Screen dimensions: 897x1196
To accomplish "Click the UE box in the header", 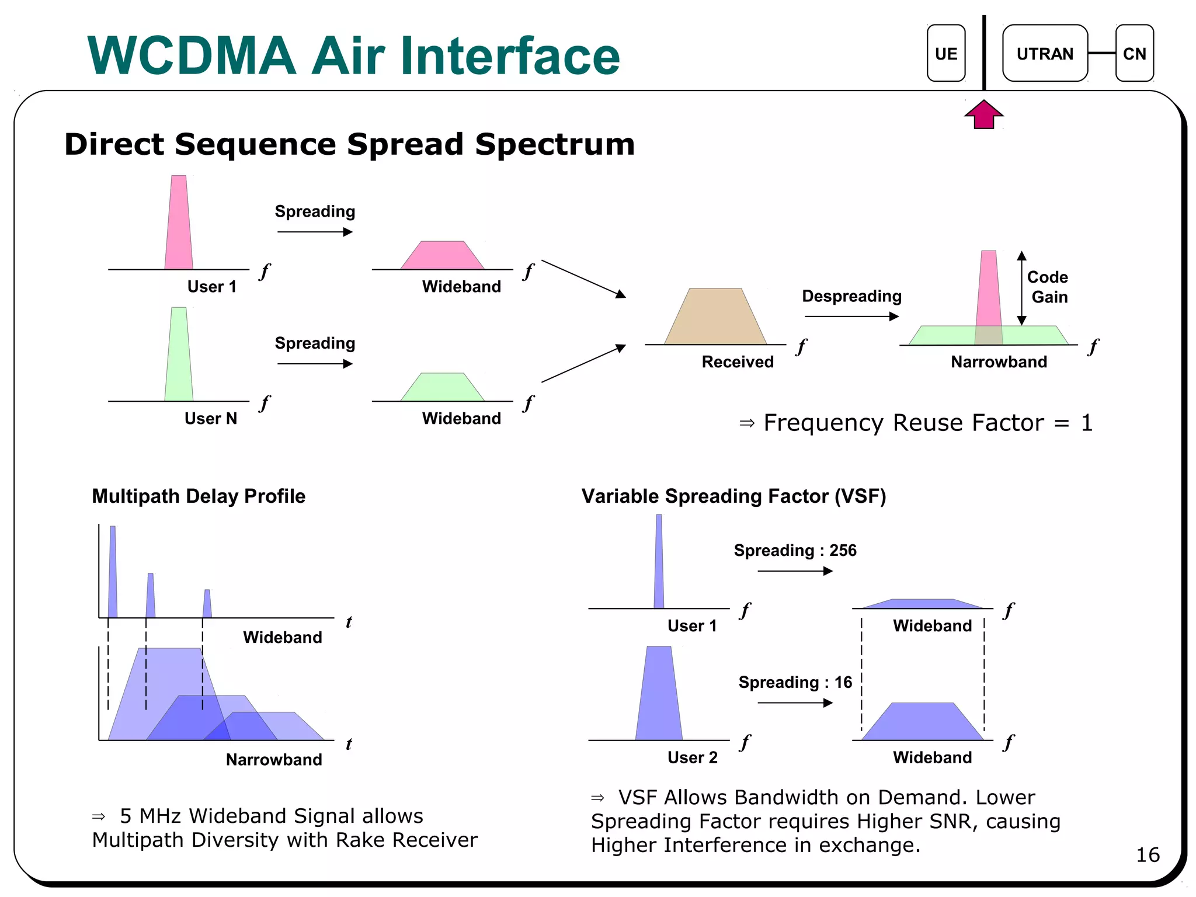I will [x=945, y=53].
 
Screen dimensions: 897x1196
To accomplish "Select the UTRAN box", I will [x=1044, y=53].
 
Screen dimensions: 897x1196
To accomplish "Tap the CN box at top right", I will [x=1134, y=53].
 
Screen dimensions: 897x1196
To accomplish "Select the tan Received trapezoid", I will [x=715, y=318].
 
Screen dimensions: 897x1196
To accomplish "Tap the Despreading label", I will [x=851, y=296].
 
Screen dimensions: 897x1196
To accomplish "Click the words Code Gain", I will [x=1048, y=287].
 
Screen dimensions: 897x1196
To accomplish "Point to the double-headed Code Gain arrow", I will [x=1021, y=288].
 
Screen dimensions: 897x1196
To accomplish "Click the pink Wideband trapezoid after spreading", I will [x=443, y=256].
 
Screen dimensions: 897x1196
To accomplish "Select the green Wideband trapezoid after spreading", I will [x=443, y=388].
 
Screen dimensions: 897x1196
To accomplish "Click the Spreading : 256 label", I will [x=795, y=550].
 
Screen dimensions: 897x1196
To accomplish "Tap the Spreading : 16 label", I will [x=795, y=682].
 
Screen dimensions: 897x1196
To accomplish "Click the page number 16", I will [x=1147, y=855].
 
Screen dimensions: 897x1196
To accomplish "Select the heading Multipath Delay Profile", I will [x=199, y=496].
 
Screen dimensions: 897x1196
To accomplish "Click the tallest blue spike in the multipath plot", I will [x=113, y=572].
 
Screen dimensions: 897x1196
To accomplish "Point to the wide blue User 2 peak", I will [x=659, y=695].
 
